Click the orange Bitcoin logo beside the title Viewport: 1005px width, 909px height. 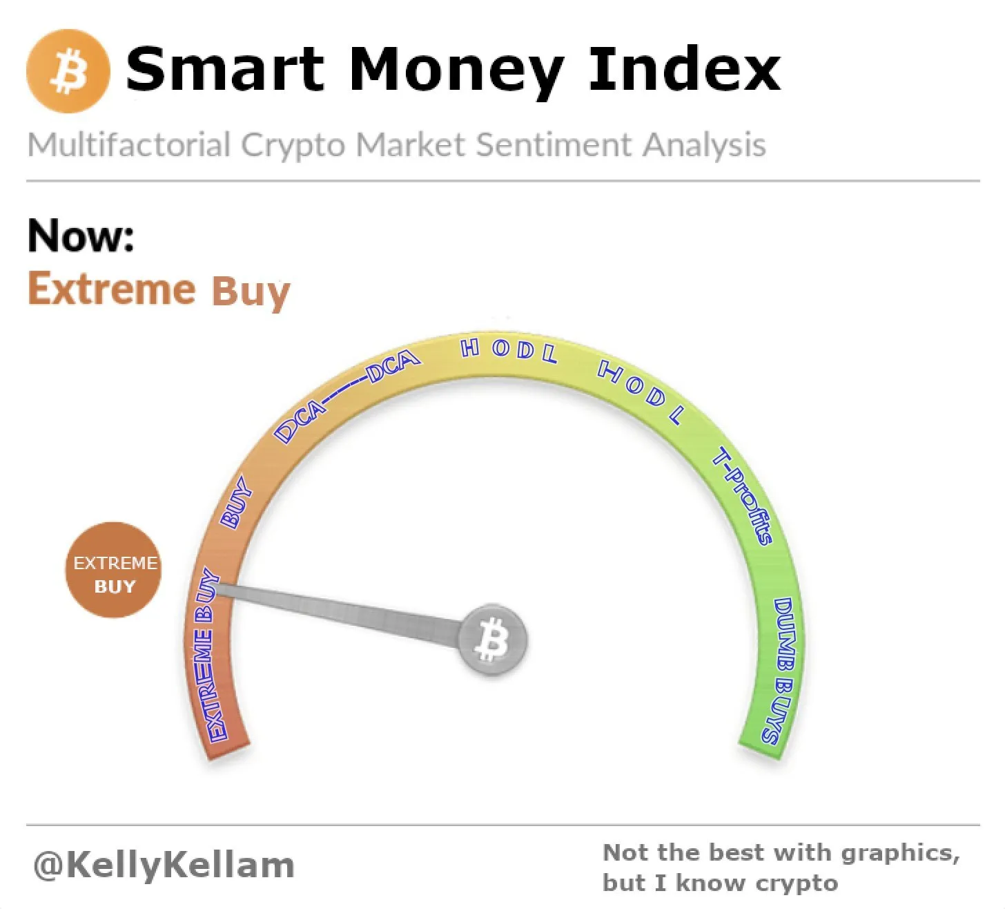(x=68, y=71)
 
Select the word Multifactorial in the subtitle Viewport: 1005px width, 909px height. (x=129, y=145)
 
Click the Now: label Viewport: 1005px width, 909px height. (x=81, y=236)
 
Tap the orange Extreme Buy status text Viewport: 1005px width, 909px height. (x=159, y=290)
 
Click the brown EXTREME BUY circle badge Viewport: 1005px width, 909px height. (x=114, y=570)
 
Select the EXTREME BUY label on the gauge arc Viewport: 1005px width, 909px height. (x=207, y=654)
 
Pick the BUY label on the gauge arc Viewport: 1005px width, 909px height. (x=237, y=503)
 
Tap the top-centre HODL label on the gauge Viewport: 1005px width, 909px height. (x=509, y=350)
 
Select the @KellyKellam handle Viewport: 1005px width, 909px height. (x=164, y=865)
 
